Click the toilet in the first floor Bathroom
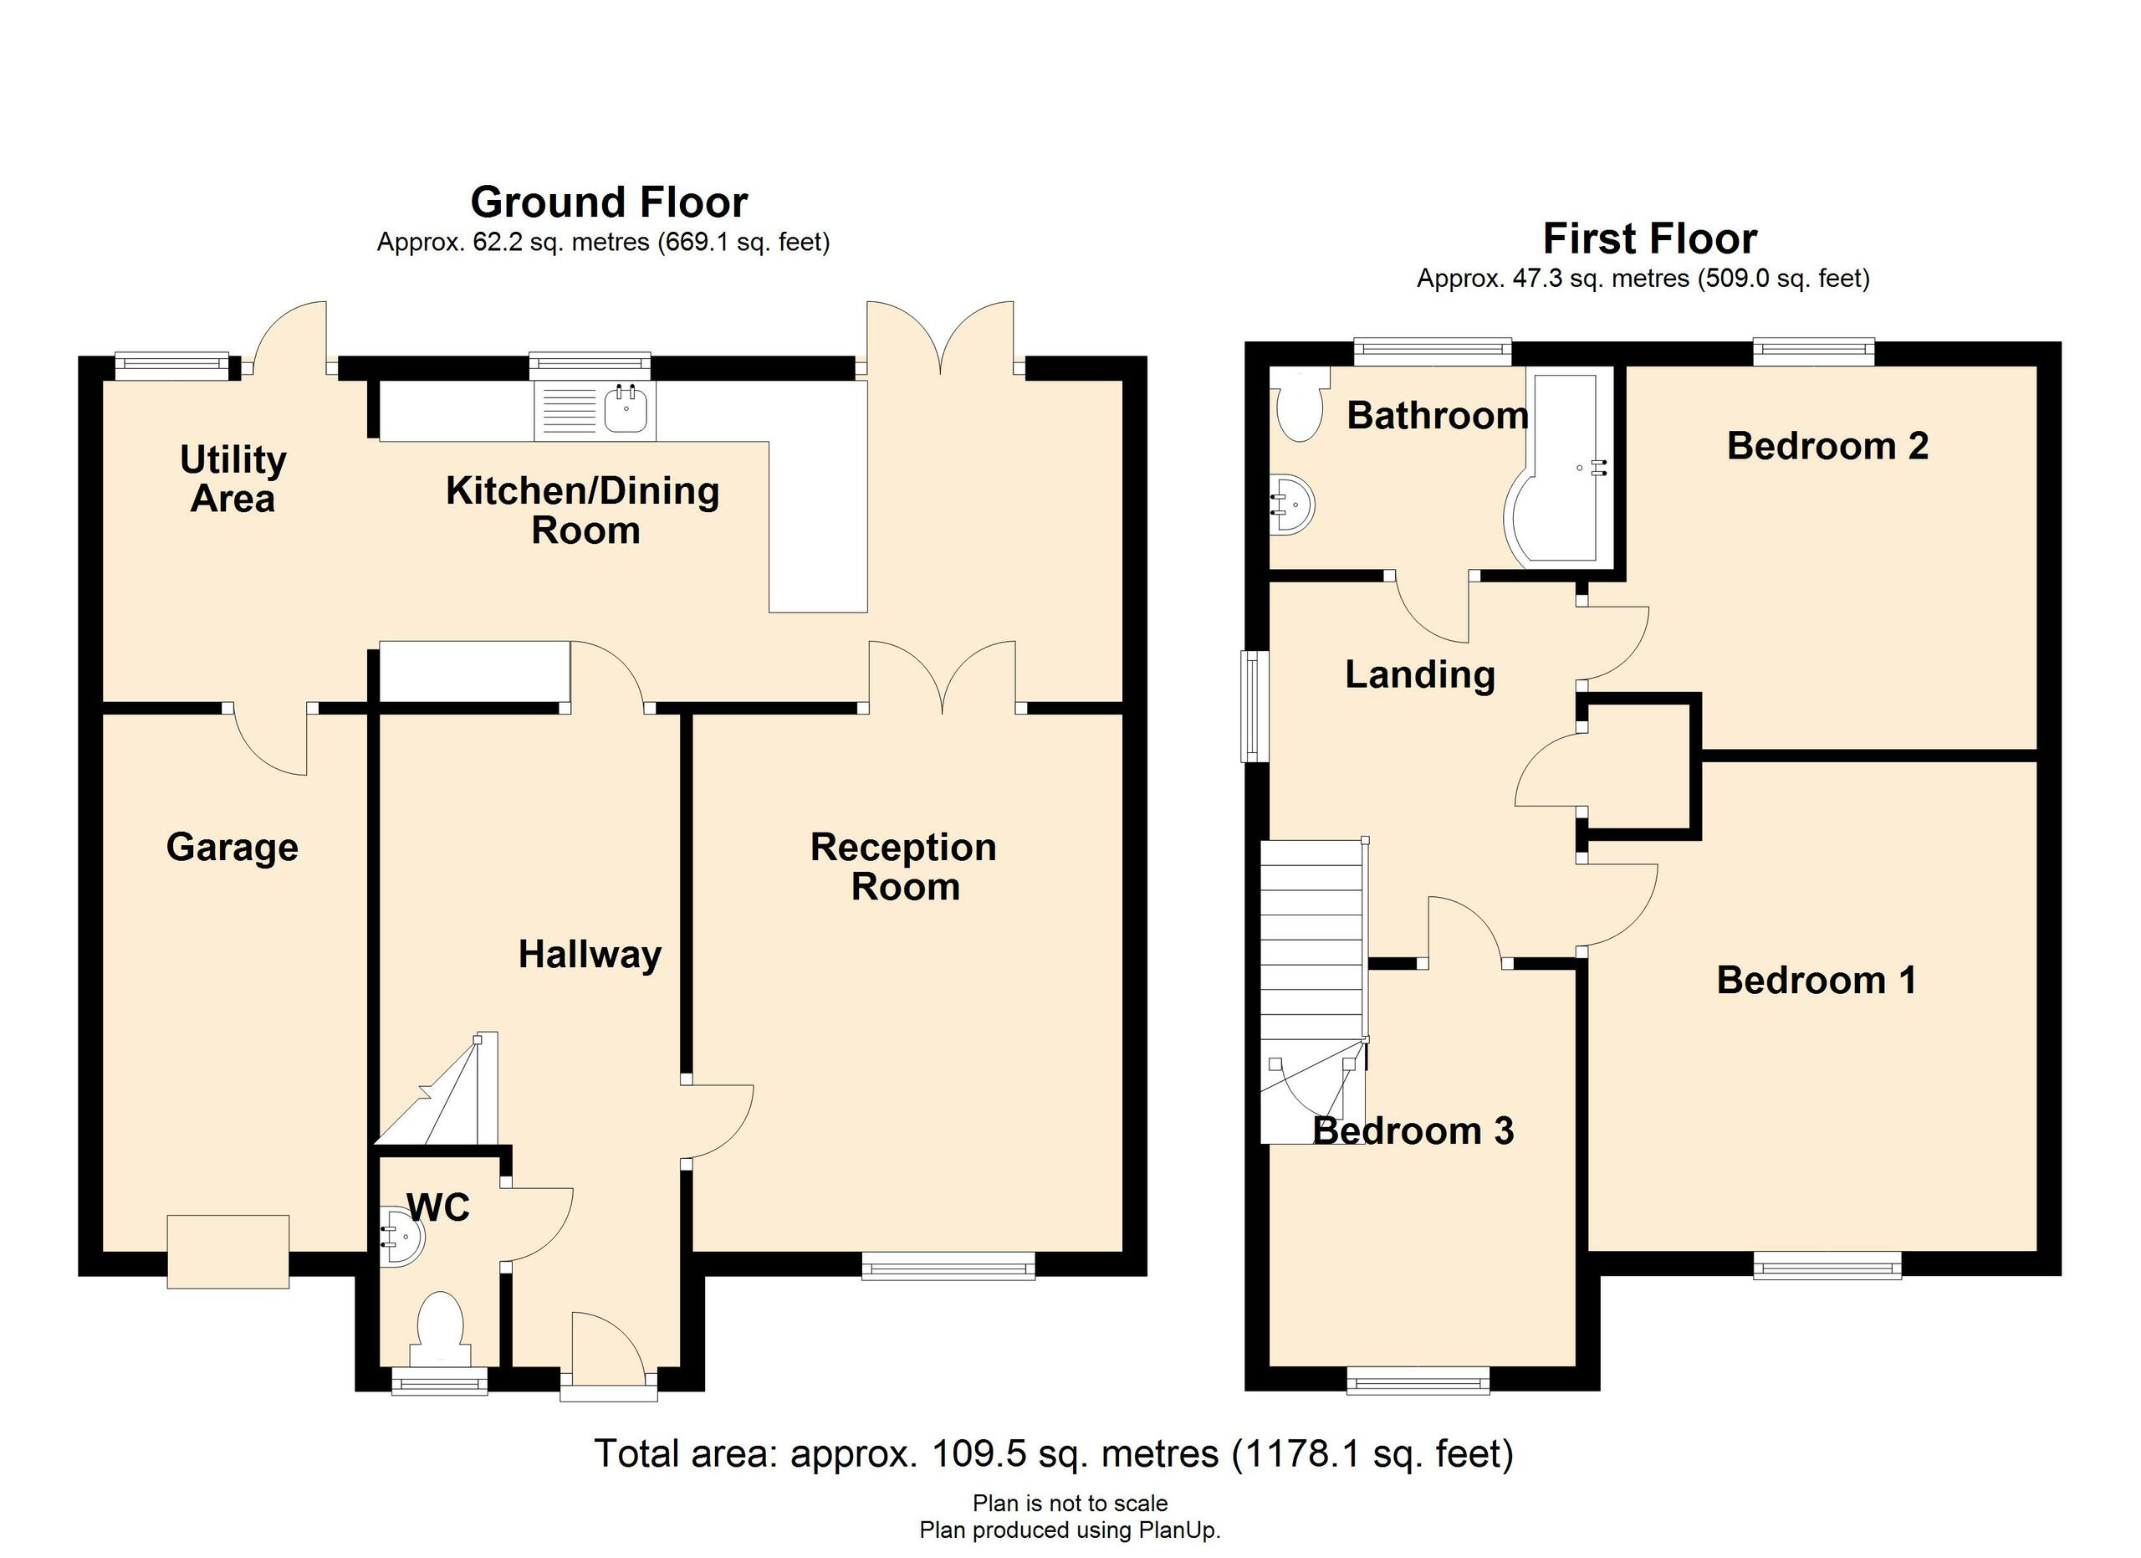(1300, 408)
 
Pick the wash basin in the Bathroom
(1290, 505)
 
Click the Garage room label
(232, 847)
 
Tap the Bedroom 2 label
(1827, 446)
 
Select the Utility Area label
(232, 479)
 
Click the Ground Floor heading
(609, 202)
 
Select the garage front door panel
(227, 1252)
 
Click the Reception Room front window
(948, 1265)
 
